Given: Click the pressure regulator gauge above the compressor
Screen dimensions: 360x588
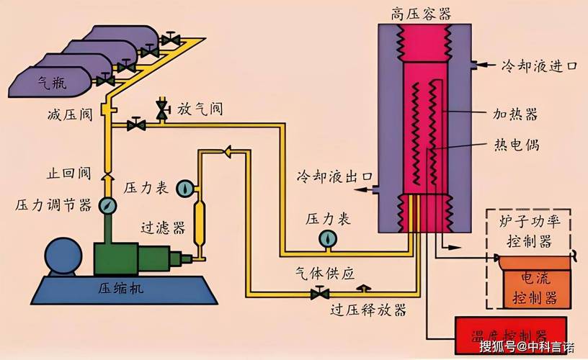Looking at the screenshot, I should [x=107, y=204].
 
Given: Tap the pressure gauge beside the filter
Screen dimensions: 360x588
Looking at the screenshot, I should [x=186, y=188].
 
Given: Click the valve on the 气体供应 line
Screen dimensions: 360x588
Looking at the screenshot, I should [x=316, y=294].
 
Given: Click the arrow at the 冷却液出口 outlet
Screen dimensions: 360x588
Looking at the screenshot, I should [x=367, y=189].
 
